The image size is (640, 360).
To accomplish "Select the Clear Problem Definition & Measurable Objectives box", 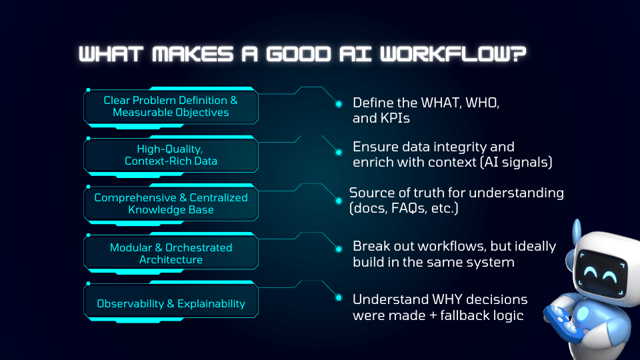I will click(x=171, y=107).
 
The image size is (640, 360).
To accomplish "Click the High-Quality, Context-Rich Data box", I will click(x=171, y=155).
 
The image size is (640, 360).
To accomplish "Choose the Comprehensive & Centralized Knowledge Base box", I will click(x=171, y=203).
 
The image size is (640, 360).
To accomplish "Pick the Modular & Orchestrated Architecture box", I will click(x=171, y=253).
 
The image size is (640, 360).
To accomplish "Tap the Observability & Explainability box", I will click(x=171, y=304).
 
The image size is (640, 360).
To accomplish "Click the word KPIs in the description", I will click(x=395, y=119).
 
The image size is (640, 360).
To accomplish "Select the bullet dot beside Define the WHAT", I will click(x=339, y=104).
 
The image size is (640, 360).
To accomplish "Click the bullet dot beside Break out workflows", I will click(x=339, y=247).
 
